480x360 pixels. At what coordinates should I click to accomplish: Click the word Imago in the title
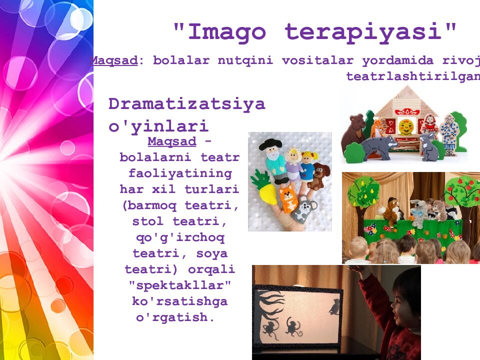pos(226,32)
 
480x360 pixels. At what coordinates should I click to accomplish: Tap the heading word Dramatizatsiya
pos(186,104)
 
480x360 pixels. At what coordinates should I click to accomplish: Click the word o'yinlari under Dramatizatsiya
pos(158,125)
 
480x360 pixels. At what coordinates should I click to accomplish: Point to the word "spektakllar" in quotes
pos(180,285)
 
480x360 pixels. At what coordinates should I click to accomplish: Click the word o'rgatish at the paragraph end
pos(175,317)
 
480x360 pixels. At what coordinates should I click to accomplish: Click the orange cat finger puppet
pos(288,199)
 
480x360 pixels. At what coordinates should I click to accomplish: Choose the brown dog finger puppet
pos(319,175)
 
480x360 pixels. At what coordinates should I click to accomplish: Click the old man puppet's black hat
pos(270,145)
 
